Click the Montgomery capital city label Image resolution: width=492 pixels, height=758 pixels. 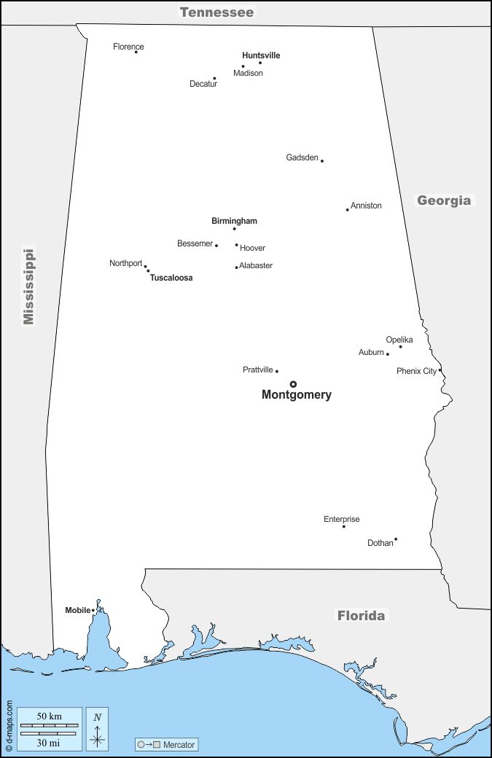point(296,395)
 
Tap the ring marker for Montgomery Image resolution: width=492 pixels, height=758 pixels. point(293,384)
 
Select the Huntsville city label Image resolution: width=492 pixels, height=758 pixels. point(261,55)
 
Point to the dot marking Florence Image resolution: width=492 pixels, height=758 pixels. point(136,52)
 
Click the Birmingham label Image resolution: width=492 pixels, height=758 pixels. point(234,221)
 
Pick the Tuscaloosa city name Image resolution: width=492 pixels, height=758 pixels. point(171,278)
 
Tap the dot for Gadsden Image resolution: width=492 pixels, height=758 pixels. point(322,160)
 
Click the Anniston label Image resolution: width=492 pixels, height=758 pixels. point(366,206)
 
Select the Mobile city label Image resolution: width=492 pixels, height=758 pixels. point(77,610)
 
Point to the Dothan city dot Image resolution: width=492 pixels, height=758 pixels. point(396,539)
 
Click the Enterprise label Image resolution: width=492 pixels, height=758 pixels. point(342,520)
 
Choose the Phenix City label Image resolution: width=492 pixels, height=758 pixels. point(416,371)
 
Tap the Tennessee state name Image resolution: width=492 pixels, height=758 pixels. point(216,12)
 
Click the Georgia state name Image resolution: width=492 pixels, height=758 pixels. point(444,200)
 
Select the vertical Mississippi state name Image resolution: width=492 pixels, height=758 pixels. point(28,286)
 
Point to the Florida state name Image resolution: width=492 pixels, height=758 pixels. point(361,616)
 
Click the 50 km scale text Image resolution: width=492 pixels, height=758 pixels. point(49,716)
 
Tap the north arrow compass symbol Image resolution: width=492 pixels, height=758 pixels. point(97,728)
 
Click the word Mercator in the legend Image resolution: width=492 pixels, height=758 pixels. point(179,744)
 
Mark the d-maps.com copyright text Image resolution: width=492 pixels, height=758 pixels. point(9,726)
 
